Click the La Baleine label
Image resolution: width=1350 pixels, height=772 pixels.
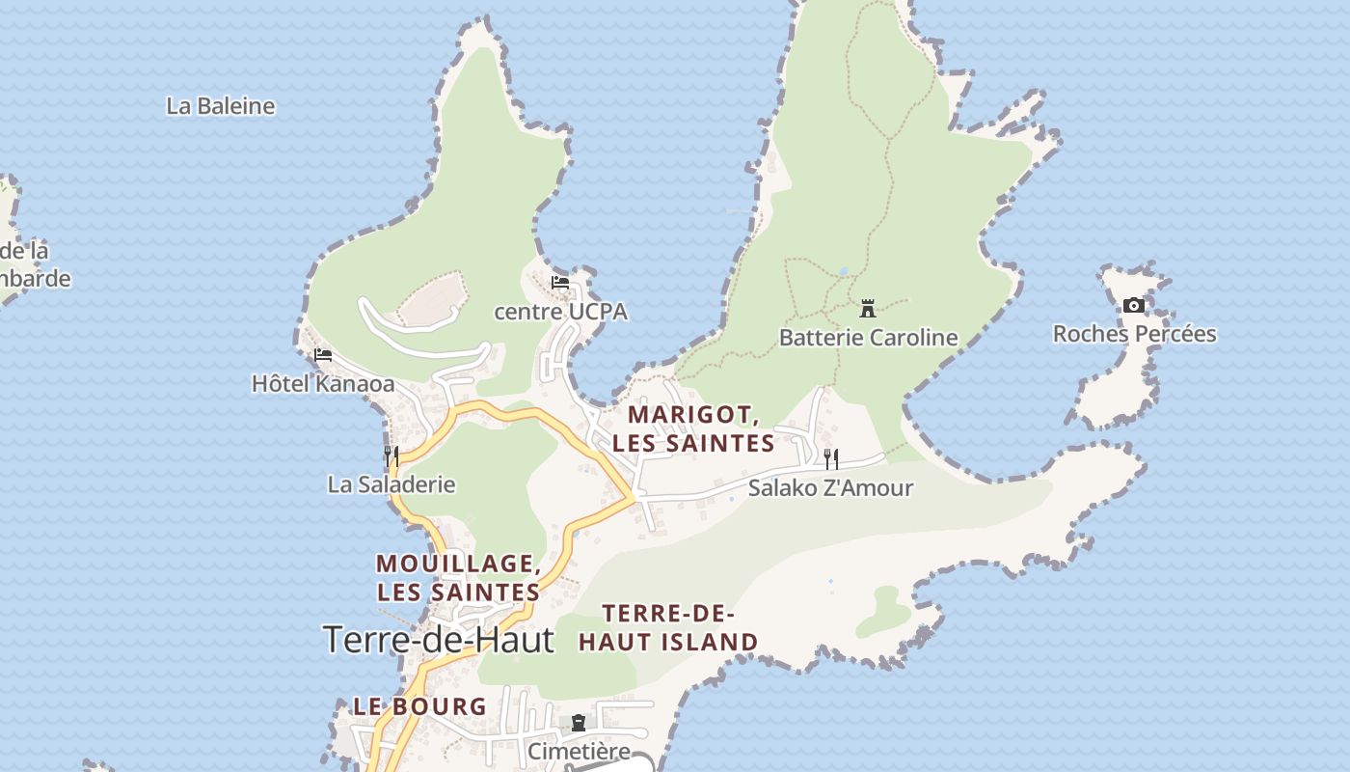[x=220, y=106]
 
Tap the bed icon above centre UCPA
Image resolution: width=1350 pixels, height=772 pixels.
[x=560, y=283]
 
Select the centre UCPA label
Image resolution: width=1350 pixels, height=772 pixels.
[x=560, y=312]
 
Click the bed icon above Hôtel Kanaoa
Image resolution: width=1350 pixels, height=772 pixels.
[x=323, y=355]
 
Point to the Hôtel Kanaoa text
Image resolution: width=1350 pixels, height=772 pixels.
[x=323, y=384]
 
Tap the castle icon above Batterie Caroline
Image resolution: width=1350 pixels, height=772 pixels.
[x=868, y=309]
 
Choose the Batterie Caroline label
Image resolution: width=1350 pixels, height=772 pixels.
[x=868, y=338]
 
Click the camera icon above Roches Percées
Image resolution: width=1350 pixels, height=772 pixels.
[x=1134, y=306]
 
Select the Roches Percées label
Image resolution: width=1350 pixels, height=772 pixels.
[x=1134, y=334]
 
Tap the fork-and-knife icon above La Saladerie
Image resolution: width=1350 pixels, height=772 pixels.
[x=391, y=455]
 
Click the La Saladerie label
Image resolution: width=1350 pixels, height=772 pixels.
[x=391, y=484]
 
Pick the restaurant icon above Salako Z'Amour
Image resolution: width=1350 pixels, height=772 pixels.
[x=830, y=458]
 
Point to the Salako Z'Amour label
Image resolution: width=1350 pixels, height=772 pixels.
[x=830, y=488]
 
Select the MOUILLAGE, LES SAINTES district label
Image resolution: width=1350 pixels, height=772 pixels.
[x=458, y=577]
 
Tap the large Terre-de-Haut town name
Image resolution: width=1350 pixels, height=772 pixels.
[x=439, y=640]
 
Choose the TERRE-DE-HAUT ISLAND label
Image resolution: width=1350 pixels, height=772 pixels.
[x=668, y=627]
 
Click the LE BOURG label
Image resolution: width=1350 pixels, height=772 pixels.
[x=419, y=706]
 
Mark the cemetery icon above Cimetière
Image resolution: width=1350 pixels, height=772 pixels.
[x=579, y=723]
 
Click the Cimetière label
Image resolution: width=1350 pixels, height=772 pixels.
[x=579, y=751]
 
